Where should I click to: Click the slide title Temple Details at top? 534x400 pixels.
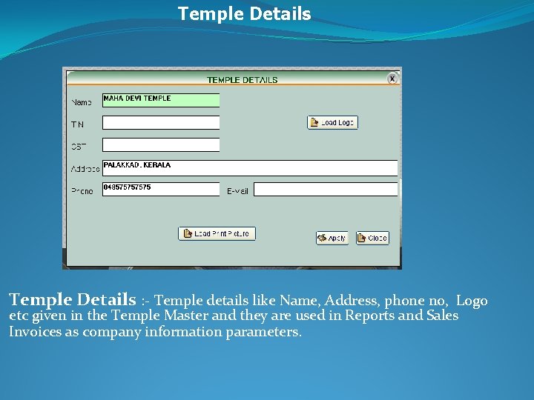(244, 14)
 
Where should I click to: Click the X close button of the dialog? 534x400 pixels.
(392, 79)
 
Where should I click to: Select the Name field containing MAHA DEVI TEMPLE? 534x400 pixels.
(161, 100)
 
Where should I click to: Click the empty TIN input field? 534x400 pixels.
(161, 123)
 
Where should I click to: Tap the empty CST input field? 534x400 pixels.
(161, 145)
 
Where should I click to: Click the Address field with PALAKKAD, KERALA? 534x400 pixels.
(250, 167)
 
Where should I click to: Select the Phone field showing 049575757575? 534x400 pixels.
(161, 189)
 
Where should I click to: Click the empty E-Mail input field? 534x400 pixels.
(326, 190)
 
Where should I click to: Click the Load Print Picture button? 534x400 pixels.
(217, 233)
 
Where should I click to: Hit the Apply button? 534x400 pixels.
(332, 238)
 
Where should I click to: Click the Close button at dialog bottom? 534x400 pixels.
(372, 238)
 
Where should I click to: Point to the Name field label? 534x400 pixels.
(81, 102)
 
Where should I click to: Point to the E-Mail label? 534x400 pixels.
(237, 191)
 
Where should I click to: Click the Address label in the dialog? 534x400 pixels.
(85, 169)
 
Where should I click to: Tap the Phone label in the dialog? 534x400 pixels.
(82, 191)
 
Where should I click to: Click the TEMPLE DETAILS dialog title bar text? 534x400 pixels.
(242, 80)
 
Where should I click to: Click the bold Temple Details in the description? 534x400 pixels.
(73, 300)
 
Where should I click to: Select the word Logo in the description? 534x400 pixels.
(472, 301)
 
